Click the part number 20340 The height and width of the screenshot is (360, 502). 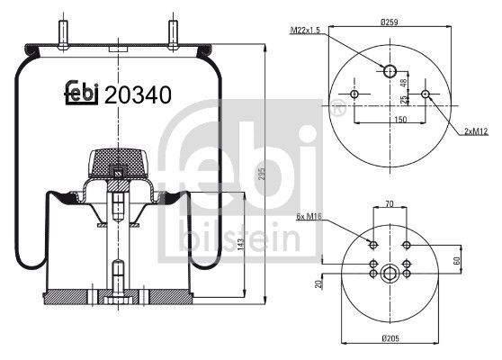click(139, 94)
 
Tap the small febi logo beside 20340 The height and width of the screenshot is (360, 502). click(81, 94)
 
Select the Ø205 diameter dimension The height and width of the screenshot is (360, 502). click(390, 339)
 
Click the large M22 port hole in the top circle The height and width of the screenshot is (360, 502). click(390, 72)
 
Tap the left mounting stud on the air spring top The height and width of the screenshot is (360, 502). click(64, 30)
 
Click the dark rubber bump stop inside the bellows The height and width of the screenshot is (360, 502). click(117, 162)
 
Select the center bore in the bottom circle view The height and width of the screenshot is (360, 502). click(390, 274)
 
